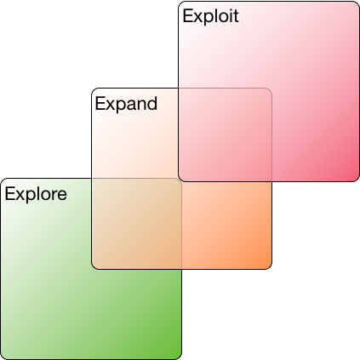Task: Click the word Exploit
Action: tap(210, 16)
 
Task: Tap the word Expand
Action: tap(126, 104)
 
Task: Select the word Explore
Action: tap(36, 194)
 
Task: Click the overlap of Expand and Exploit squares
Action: tap(225, 134)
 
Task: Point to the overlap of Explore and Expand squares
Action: tap(136, 224)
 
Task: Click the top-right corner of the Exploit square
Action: tap(359, 2)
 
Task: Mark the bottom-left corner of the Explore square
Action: tap(1, 359)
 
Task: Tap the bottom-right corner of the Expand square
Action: tap(271, 268)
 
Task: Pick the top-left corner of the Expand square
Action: tap(92, 89)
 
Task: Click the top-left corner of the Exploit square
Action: tap(179, 2)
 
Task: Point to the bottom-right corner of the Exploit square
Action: tap(359, 181)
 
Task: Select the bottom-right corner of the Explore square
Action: tap(181, 359)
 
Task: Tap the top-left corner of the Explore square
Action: tap(1, 179)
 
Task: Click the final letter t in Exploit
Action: tap(236, 16)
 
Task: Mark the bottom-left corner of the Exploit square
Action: tap(179, 181)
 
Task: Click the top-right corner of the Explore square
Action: tap(181, 179)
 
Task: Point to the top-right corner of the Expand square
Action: tap(271, 89)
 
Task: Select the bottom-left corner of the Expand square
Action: tap(92, 268)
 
